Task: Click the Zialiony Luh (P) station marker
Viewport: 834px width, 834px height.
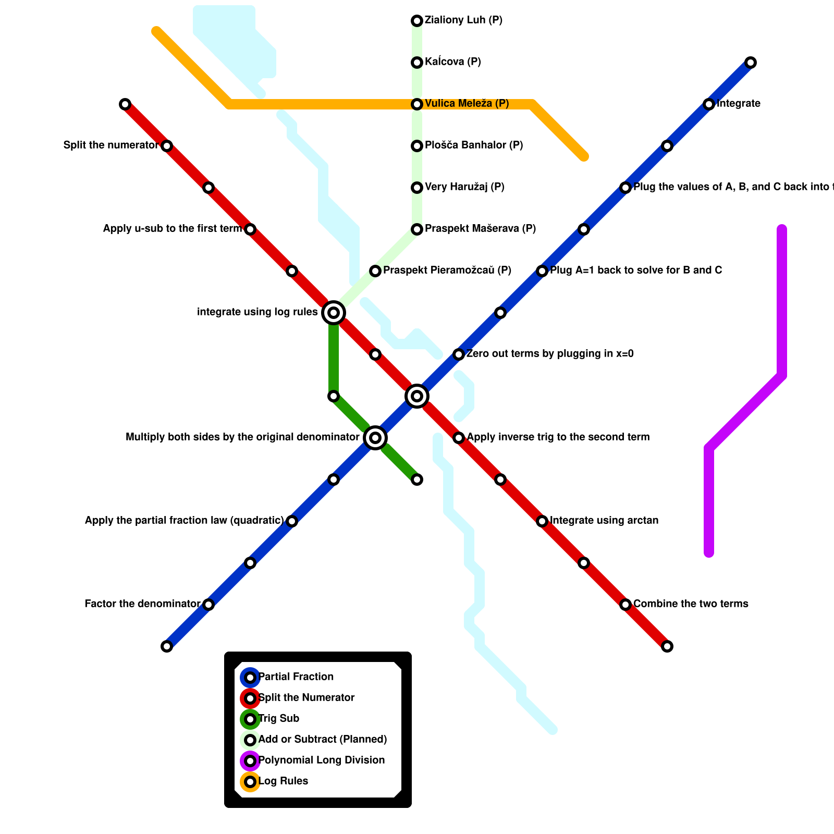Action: [x=417, y=21]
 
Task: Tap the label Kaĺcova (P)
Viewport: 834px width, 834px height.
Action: [x=452, y=62]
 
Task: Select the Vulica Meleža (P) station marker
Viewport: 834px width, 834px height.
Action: [x=417, y=104]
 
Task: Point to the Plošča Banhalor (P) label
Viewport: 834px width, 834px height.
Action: [x=474, y=145]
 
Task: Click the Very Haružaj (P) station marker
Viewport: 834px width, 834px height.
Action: [x=417, y=188]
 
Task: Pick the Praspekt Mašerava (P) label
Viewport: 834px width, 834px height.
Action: [x=480, y=229]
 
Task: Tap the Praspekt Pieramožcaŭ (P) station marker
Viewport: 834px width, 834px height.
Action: [x=375, y=271]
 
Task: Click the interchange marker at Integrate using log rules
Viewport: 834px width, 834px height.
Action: [x=334, y=313]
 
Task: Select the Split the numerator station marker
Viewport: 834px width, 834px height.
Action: [x=167, y=146]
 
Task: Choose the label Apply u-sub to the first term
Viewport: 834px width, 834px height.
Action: [x=173, y=229]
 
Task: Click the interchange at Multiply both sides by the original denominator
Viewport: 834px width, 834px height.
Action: [x=375, y=438]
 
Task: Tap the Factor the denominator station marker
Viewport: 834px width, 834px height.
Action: [x=208, y=605]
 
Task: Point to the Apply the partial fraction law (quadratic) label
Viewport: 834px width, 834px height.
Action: [x=185, y=521]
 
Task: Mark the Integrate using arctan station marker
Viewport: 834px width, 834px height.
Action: [x=542, y=521]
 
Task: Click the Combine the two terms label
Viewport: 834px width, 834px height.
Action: [x=691, y=604]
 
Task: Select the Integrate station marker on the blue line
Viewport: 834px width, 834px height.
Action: [x=709, y=104]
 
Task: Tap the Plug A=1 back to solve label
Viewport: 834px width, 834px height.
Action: [x=636, y=271]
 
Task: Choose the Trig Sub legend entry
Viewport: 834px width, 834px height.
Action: [x=279, y=719]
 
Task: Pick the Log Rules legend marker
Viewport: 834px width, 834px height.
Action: [x=250, y=782]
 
